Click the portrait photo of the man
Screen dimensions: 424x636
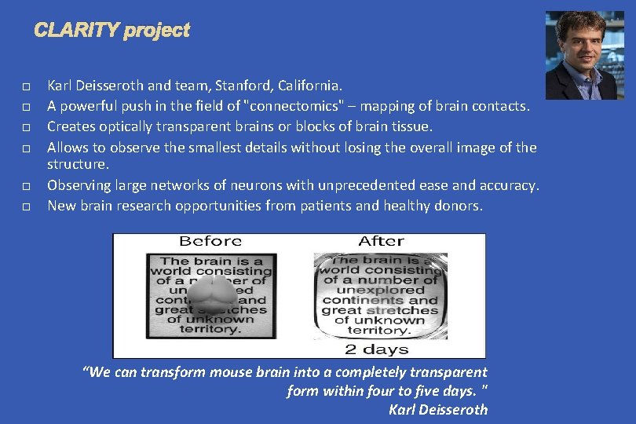pos(584,55)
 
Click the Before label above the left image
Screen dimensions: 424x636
pos(210,242)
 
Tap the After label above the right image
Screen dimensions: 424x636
pos(381,242)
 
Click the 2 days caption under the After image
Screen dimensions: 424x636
pos(377,348)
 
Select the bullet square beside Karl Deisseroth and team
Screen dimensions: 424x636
pos(27,85)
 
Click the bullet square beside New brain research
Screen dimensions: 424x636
pos(27,207)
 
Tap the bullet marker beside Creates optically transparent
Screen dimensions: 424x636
pos(27,126)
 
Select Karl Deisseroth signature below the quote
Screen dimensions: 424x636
pos(438,409)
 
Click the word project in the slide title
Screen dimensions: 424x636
pos(156,31)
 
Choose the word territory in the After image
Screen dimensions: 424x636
pos(381,331)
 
